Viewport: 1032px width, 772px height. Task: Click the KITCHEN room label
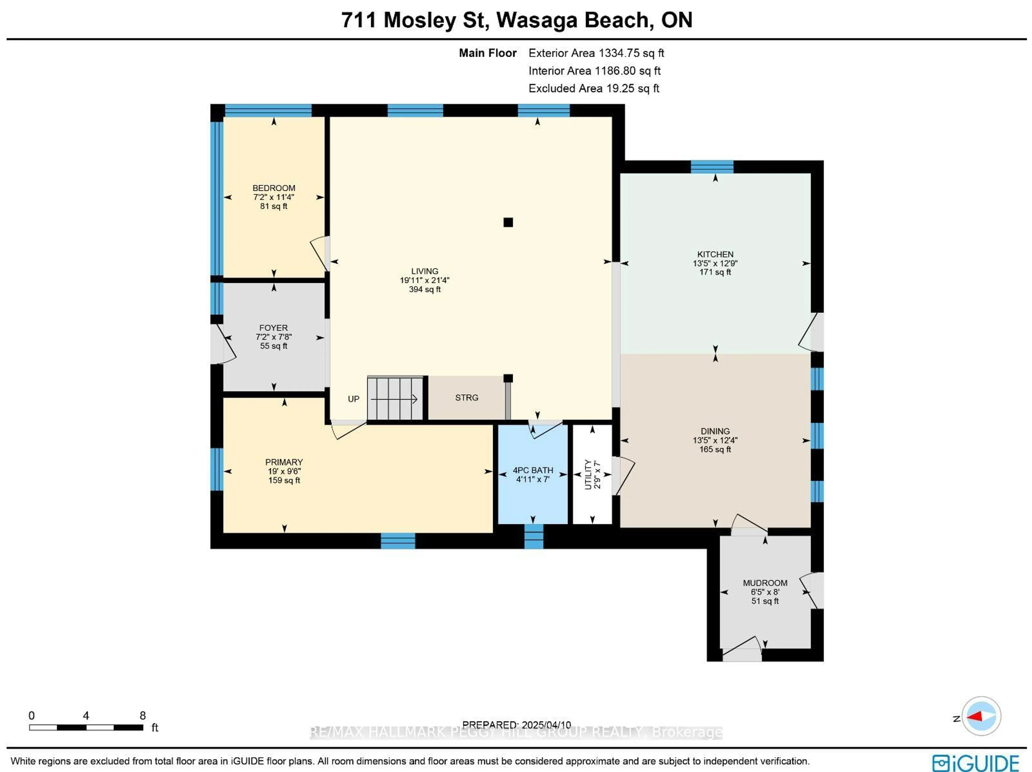click(715, 254)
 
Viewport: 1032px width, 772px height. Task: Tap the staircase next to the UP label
click(395, 398)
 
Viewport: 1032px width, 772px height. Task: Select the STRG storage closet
click(467, 398)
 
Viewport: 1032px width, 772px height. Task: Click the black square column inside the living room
click(508, 222)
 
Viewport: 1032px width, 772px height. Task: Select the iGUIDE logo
click(975, 763)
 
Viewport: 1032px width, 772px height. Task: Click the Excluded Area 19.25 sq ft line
click(593, 89)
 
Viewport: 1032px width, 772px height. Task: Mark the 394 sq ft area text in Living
click(425, 289)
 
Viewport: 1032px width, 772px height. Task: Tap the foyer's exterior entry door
click(223, 344)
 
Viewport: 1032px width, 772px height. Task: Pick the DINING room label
click(715, 431)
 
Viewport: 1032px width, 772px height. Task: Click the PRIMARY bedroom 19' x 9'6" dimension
click(284, 471)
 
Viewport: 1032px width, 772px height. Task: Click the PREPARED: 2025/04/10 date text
click(517, 725)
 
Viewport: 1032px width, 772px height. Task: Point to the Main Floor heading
click(488, 53)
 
